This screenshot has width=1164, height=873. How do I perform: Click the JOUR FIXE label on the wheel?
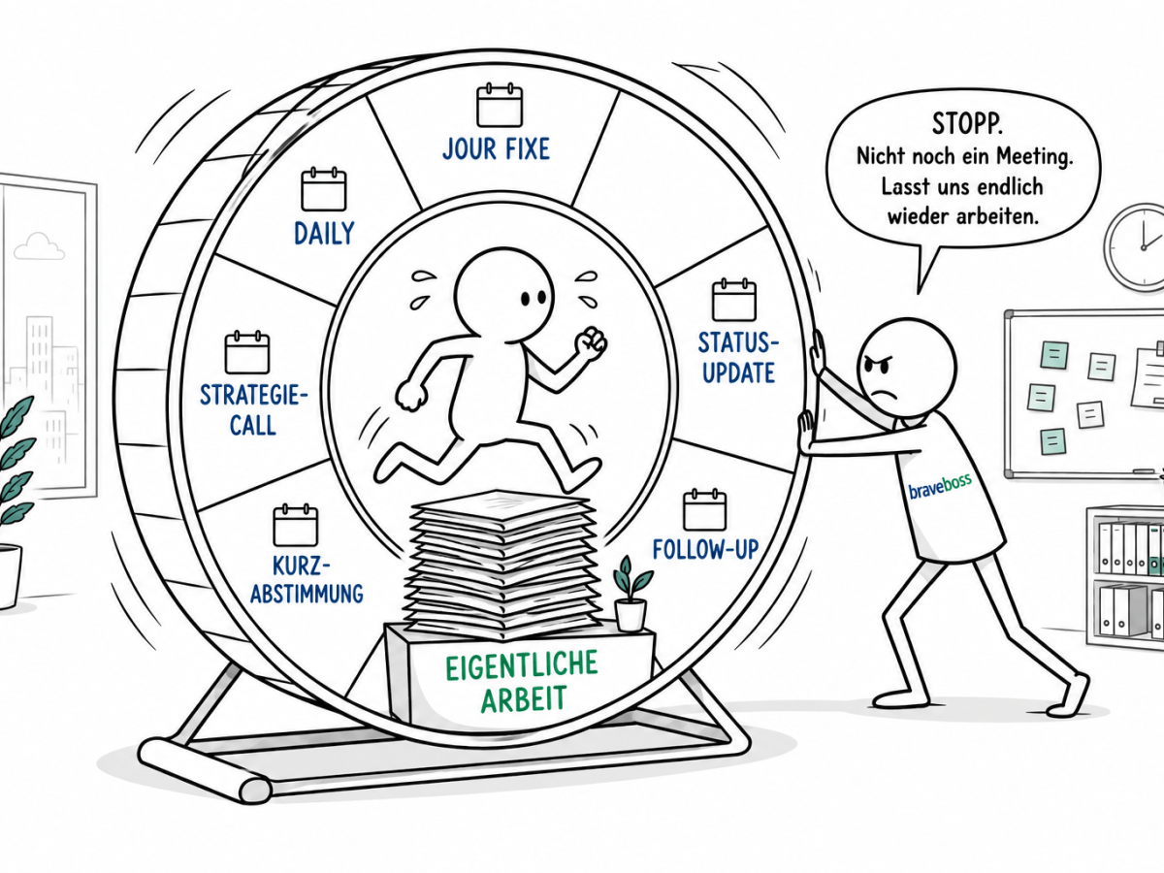pos(496,149)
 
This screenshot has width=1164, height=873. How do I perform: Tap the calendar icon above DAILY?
pos(323,189)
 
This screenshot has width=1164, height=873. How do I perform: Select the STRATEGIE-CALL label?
pos(253,410)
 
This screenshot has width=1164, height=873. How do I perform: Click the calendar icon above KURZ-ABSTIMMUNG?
pos(296,525)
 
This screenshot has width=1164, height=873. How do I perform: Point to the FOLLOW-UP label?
pos(705,550)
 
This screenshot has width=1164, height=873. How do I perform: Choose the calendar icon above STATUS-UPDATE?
pos(734,300)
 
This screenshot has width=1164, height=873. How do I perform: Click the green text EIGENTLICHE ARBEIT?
pos(522,683)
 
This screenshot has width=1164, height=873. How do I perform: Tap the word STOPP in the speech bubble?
pos(967,123)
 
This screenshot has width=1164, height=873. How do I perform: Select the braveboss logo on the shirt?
pos(940,486)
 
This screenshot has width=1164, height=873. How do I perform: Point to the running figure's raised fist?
pos(591,343)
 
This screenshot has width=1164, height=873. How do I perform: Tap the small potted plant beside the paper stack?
pos(631,594)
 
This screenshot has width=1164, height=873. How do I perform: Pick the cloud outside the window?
pos(38,246)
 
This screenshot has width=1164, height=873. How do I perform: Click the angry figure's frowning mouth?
pos(881,393)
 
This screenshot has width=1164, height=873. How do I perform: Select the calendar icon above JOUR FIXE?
pos(499,105)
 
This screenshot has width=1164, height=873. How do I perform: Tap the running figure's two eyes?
pos(533,299)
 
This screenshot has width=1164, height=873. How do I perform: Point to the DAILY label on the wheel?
pos(324,234)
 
